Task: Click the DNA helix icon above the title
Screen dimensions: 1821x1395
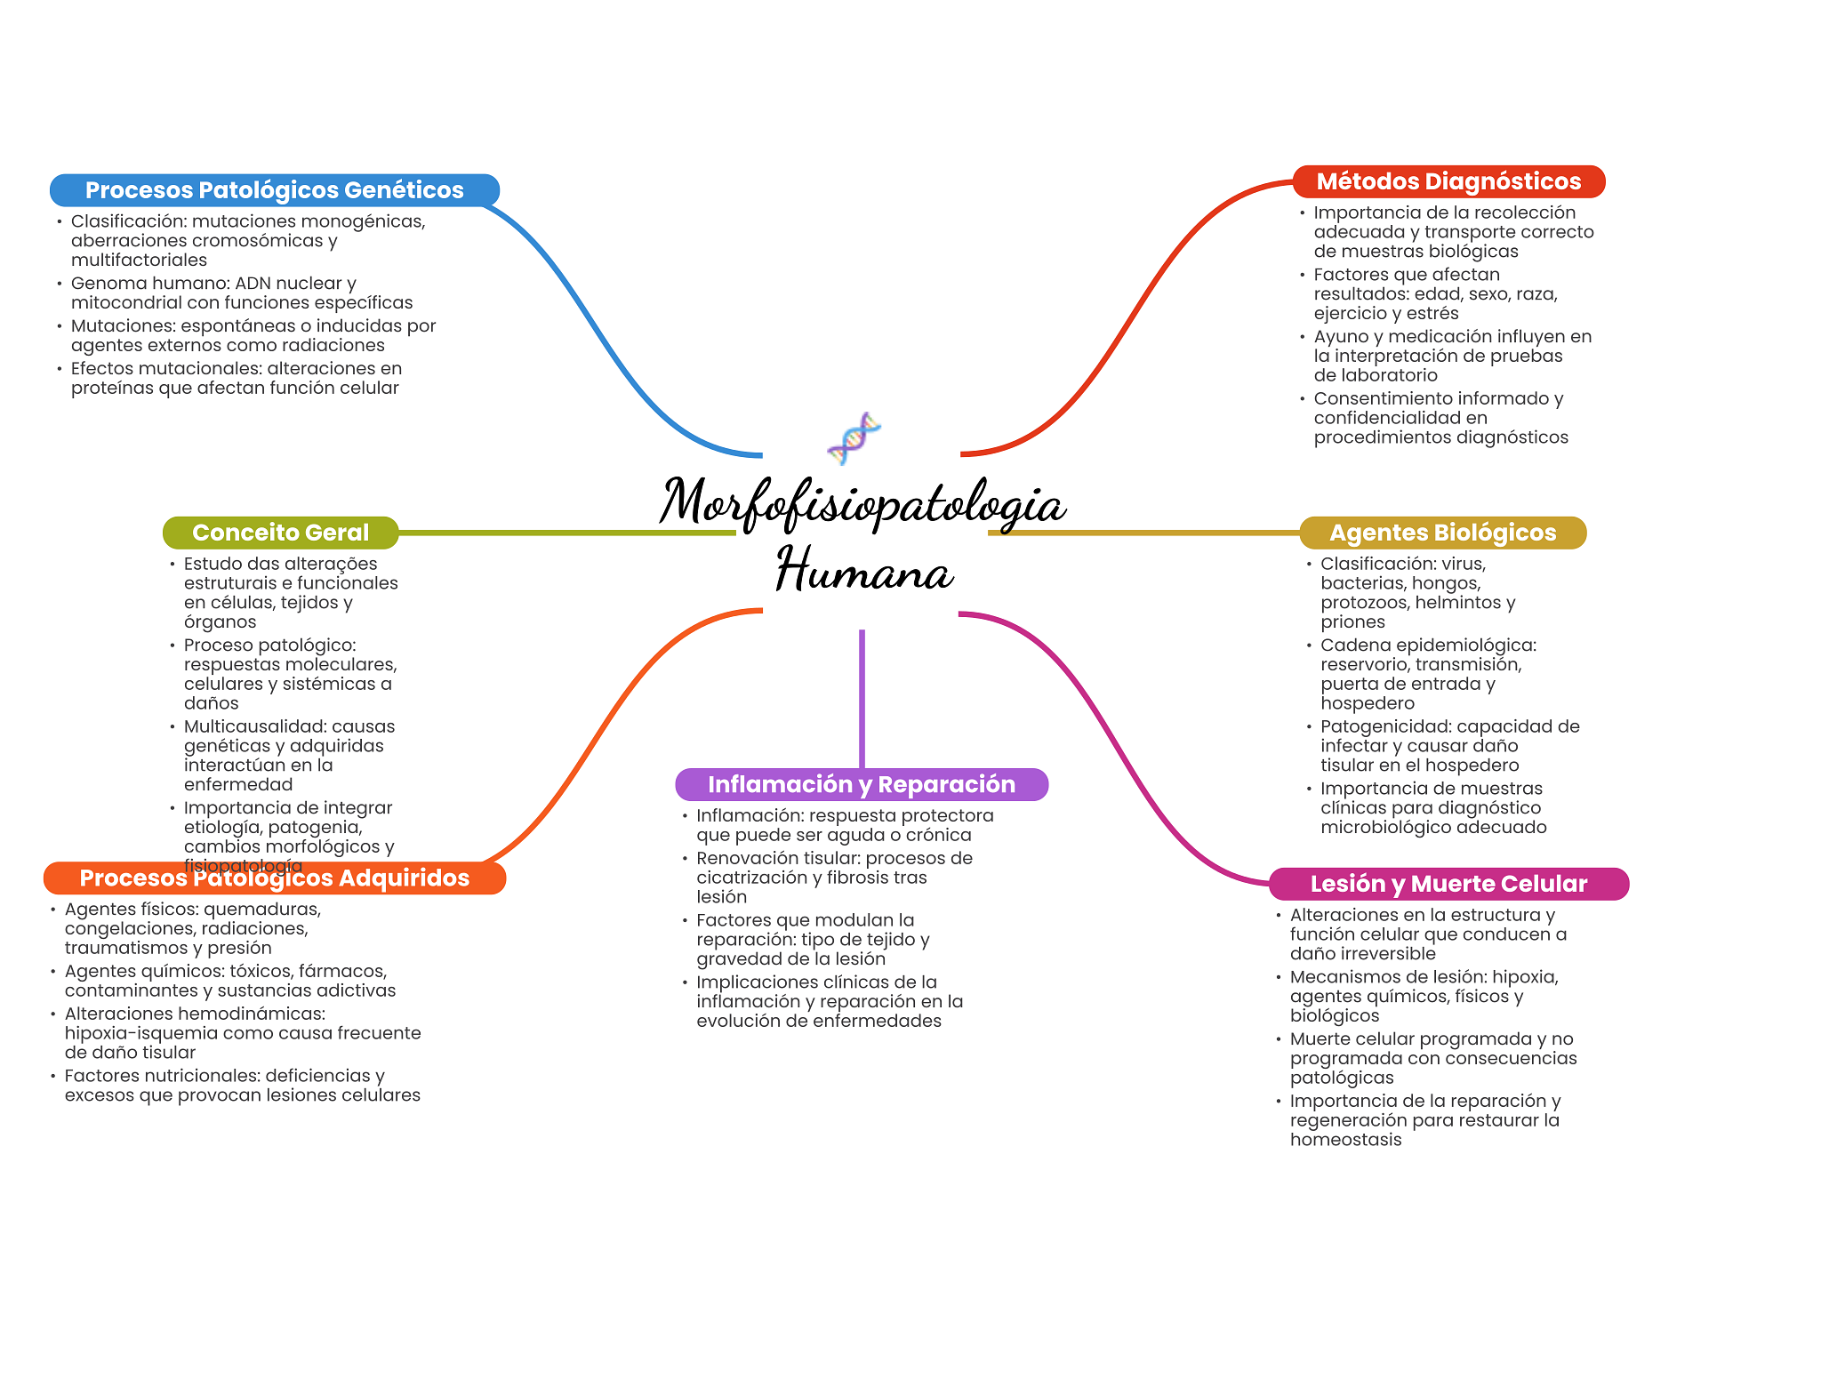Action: [x=854, y=438]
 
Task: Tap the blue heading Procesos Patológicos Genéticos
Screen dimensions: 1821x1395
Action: [x=275, y=190]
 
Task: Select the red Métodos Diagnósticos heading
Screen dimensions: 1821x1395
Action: [x=1448, y=181]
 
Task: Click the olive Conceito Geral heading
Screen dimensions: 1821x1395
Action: [x=280, y=533]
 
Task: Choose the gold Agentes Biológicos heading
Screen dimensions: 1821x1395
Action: [x=1442, y=533]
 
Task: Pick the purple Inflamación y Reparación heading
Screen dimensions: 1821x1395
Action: [x=862, y=784]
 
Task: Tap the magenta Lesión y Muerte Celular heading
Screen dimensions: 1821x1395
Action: [x=1448, y=884]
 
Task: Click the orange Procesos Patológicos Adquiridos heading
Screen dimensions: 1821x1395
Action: [x=275, y=878]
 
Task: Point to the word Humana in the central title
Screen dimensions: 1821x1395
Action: [x=864, y=571]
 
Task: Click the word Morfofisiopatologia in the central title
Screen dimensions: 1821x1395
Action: [x=862, y=503]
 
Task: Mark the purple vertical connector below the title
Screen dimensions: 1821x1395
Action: [x=862, y=699]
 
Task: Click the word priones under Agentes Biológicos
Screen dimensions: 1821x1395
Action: [x=1352, y=622]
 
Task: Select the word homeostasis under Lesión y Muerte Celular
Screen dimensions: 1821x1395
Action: [x=1345, y=1140]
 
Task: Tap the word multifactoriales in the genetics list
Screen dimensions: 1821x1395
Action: [x=139, y=261]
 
